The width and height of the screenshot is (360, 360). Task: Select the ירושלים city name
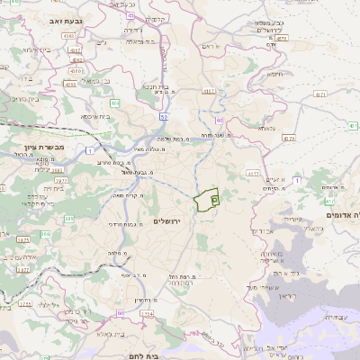(x=168, y=220)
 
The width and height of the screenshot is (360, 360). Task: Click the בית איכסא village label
(x=94, y=115)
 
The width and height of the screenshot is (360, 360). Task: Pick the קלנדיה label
(x=157, y=20)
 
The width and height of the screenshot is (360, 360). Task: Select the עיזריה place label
(x=293, y=219)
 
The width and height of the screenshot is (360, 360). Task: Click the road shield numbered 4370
(x=289, y=139)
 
